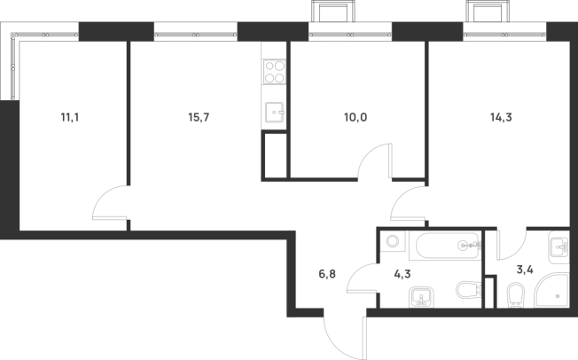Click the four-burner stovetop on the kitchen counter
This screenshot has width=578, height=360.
[274, 71]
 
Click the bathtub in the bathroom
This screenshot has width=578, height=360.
[444, 246]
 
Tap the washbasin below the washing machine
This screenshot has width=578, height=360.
[421, 295]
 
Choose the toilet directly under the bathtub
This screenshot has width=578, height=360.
[467, 290]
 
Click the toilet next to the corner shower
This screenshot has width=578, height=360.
[515, 293]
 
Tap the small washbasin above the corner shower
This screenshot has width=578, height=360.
[558, 246]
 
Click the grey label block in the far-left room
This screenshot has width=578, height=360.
[70, 116]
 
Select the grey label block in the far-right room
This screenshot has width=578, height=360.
[503, 116]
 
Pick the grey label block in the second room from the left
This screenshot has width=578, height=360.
[199, 116]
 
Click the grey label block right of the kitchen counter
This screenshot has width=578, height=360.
[354, 116]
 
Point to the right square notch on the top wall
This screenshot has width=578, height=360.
[485, 12]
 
